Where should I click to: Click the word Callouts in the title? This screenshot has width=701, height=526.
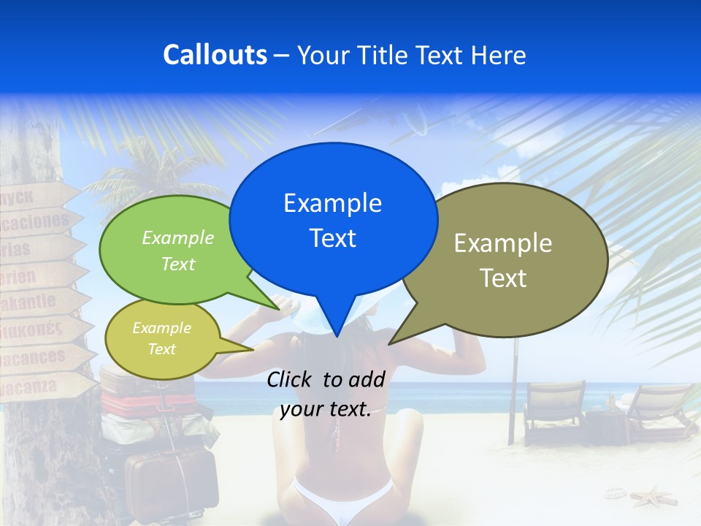click(215, 55)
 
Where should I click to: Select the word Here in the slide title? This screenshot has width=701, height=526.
click(499, 55)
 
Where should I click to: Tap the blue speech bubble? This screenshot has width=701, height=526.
click(333, 219)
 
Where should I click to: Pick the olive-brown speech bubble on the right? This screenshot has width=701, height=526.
click(511, 259)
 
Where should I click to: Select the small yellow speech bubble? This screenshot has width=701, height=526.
click(162, 338)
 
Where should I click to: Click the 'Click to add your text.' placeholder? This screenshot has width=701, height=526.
click(326, 394)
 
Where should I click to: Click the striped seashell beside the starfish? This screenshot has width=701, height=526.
click(616, 495)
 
